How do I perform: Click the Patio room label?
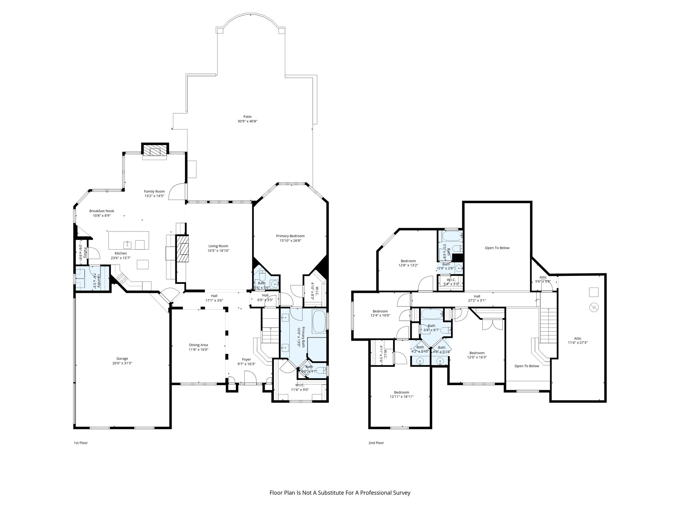[247, 117]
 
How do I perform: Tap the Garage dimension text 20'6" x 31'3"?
[122, 363]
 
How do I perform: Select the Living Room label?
[218, 246]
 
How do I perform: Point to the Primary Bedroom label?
[290, 236]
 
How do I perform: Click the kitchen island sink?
[128, 245]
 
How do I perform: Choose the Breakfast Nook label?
[102, 211]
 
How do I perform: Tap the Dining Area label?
[199, 345]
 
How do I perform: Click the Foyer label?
[246, 359]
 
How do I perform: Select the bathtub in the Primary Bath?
[319, 319]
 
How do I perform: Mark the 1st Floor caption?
[81, 443]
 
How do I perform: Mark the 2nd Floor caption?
[376, 443]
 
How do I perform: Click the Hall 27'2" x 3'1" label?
[477, 296]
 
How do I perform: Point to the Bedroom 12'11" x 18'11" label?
[401, 392]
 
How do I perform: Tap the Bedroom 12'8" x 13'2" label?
[408, 261]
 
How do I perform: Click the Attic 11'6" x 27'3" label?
[578, 339]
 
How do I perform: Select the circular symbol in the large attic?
[593, 307]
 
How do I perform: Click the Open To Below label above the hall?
[497, 248]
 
